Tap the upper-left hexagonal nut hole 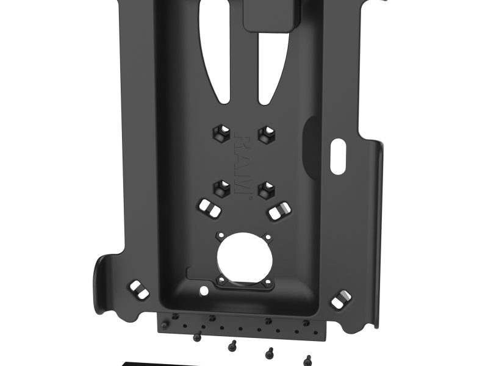click(220, 135)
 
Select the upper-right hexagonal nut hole click(265, 135)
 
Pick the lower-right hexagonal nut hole click(265, 188)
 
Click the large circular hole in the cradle click(243, 255)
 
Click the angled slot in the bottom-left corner click(138, 289)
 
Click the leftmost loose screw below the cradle click(197, 336)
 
